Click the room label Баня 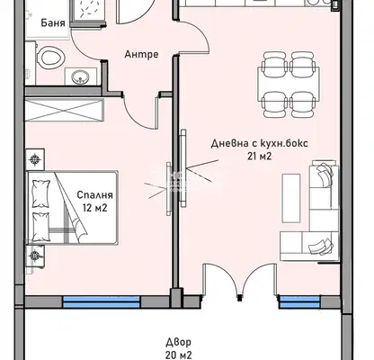pyautogui.click(x=53, y=23)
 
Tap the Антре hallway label pyautogui.click(x=141, y=54)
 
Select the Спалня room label pyautogui.click(x=94, y=194)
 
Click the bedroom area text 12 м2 pyautogui.click(x=94, y=208)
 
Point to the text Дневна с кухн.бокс pyautogui.click(x=259, y=143)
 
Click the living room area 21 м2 pyautogui.click(x=260, y=157)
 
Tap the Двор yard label pyautogui.click(x=179, y=342)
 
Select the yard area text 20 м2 pyautogui.click(x=179, y=355)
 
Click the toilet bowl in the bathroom pyautogui.click(x=51, y=57)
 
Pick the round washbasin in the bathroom pyautogui.click(x=81, y=77)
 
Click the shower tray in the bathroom pyautogui.click(x=88, y=11)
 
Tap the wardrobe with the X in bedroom pyautogui.click(x=65, y=110)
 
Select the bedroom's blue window pyautogui.click(x=102, y=302)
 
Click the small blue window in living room pyautogui.click(x=299, y=301)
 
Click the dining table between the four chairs pyautogui.click(x=289, y=85)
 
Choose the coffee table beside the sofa pyautogui.click(x=291, y=198)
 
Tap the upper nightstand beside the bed pyautogui.click(x=35, y=159)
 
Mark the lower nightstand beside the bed pyautogui.click(x=35, y=256)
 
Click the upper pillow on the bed pyautogui.click(x=41, y=193)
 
